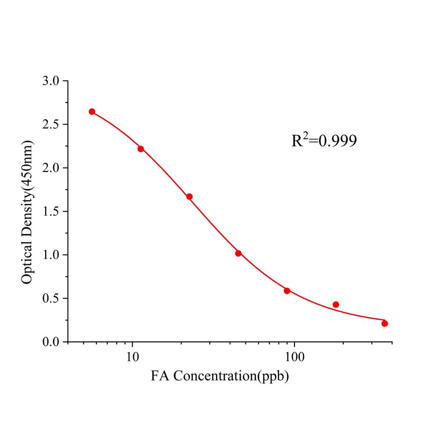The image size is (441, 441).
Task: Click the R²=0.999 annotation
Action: pos(324,140)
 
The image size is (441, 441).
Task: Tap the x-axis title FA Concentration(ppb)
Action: pos(220,376)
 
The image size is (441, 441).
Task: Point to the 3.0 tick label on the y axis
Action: pos(52,81)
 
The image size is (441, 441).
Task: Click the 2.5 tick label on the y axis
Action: pos(52,124)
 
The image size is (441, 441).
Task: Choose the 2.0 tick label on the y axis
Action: pos(52,168)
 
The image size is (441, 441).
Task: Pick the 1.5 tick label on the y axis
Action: pos(52,211)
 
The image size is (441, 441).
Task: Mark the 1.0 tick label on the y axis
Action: pos(52,255)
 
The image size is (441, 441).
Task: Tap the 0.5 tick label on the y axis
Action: pos(52,298)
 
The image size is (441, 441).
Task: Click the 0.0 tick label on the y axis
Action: pos(52,342)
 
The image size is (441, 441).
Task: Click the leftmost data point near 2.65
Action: pos(92,112)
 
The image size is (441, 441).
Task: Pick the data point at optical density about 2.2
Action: pos(140,149)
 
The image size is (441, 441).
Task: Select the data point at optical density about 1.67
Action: pos(189,196)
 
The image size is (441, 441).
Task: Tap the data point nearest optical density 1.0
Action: pos(238,253)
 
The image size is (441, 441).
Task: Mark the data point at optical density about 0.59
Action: pos(287,291)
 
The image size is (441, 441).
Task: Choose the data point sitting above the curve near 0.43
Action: pos(336,304)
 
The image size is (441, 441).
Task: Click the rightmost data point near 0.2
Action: pos(385,323)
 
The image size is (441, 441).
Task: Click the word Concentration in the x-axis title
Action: pos(214,376)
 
